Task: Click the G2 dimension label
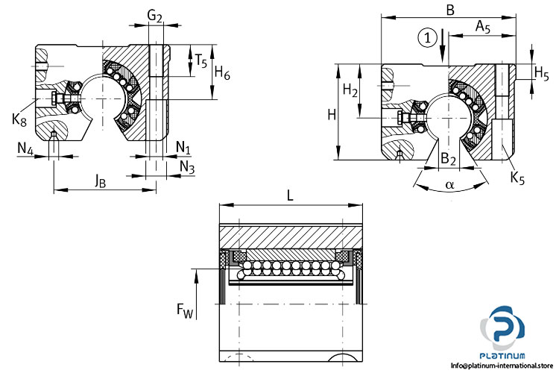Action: coord(155,16)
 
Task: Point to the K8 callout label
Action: coord(19,119)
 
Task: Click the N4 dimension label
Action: coord(25,148)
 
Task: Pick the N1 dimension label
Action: coord(183,147)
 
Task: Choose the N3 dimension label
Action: coord(187,166)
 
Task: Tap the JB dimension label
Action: coord(100,182)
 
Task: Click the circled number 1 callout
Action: coord(427,37)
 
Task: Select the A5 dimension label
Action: coord(483,27)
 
